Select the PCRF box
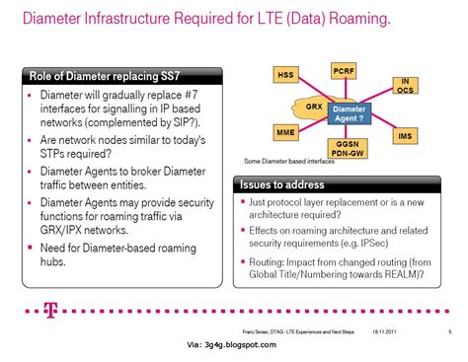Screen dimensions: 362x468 (x=344, y=71)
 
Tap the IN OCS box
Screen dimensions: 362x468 (x=404, y=86)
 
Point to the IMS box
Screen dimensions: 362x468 (x=404, y=135)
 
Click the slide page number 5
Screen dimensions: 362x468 (x=449, y=330)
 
